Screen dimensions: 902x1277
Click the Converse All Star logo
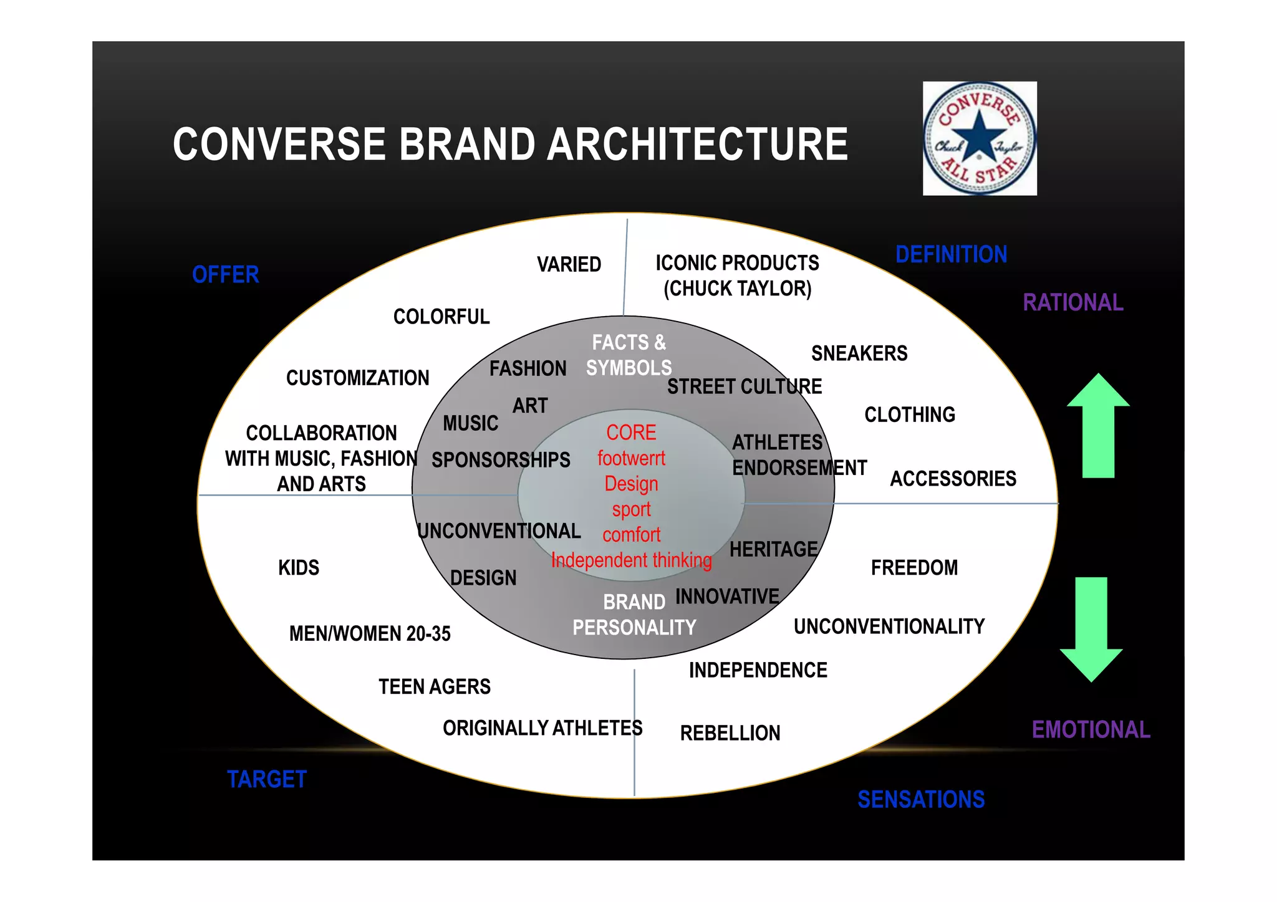point(980,138)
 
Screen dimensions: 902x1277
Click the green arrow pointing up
point(1098,427)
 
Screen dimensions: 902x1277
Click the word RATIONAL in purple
point(1072,303)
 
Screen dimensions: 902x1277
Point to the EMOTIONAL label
point(1091,730)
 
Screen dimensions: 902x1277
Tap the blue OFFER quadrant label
point(225,275)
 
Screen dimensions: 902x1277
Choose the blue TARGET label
point(267,780)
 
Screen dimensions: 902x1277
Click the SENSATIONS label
point(921,800)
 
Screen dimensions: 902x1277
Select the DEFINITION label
point(951,254)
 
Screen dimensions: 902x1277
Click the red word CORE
point(631,433)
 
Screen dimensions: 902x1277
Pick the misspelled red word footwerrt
point(631,458)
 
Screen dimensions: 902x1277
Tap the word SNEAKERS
point(859,353)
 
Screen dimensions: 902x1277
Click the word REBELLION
point(730,733)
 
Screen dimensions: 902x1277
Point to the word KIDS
point(298,568)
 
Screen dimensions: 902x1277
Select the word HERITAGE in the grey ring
point(773,549)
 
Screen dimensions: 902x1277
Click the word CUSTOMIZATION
point(357,378)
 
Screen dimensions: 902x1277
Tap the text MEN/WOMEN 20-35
point(370,634)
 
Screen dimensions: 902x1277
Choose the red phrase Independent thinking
point(631,560)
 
